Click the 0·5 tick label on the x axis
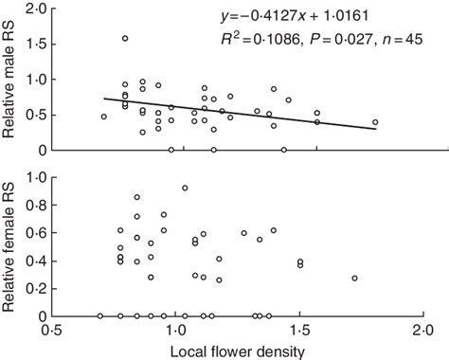click(50, 331)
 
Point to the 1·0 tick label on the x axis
click(175, 331)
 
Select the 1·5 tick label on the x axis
click(299, 331)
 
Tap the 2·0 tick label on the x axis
click(422, 331)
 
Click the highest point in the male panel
click(125, 39)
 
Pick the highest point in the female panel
click(185, 188)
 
